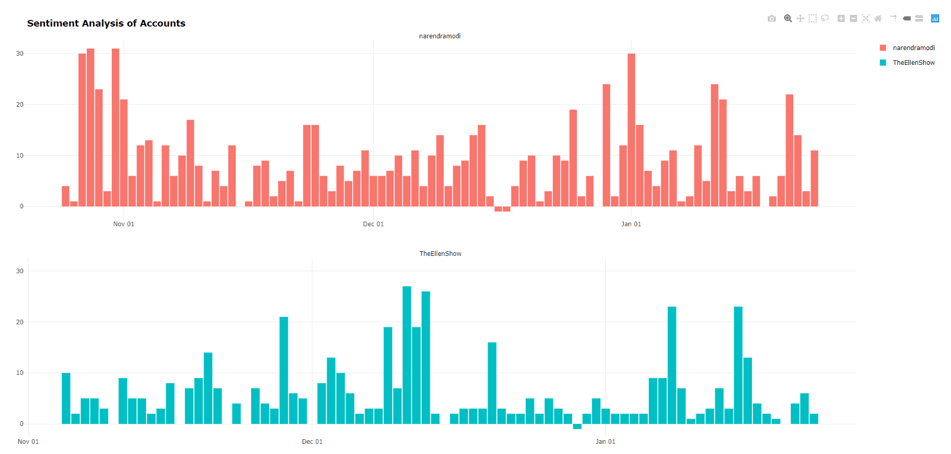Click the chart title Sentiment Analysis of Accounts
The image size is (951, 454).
coord(106,23)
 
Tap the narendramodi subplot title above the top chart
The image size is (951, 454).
coord(440,36)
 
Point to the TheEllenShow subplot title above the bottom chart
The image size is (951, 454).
coord(440,254)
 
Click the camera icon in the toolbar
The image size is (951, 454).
coord(771,19)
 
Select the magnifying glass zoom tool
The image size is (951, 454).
coord(788,19)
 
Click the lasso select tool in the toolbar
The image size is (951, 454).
coord(824,19)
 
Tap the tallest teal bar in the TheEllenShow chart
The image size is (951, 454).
coord(407,355)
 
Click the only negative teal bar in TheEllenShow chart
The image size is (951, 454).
coord(577,426)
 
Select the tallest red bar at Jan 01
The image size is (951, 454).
coord(631,130)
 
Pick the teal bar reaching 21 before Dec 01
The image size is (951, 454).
coord(284,370)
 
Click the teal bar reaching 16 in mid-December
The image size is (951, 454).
coord(492,383)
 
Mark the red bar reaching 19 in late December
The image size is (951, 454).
coord(573,158)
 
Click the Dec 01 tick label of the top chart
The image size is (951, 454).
coord(373,224)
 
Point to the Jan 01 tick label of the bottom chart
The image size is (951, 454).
coord(605,442)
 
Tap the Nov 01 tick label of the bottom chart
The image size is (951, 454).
coord(28,442)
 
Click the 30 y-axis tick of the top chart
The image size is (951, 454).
coord(20,54)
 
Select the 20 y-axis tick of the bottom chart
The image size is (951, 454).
coord(20,322)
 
